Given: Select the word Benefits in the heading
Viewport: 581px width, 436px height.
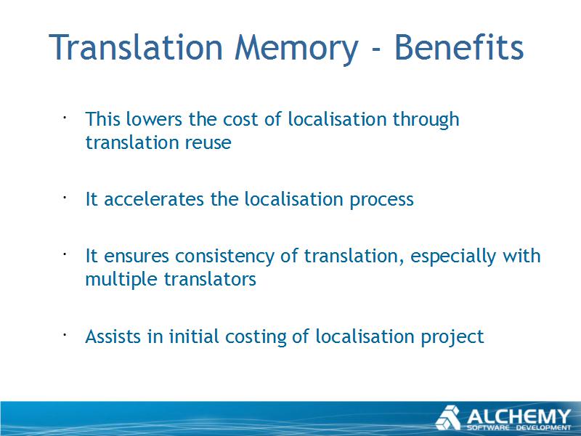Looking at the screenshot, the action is pos(459,47).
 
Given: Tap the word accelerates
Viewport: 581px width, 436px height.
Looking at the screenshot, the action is pos(154,199).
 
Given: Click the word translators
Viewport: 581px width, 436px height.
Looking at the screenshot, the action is pos(210,280).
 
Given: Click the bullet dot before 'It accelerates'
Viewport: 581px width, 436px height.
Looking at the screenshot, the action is pos(64,198).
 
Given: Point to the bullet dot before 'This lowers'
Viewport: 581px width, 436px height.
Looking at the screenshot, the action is pos(64,118).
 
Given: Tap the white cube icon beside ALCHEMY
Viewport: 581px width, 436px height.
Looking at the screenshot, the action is pos(448,418).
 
